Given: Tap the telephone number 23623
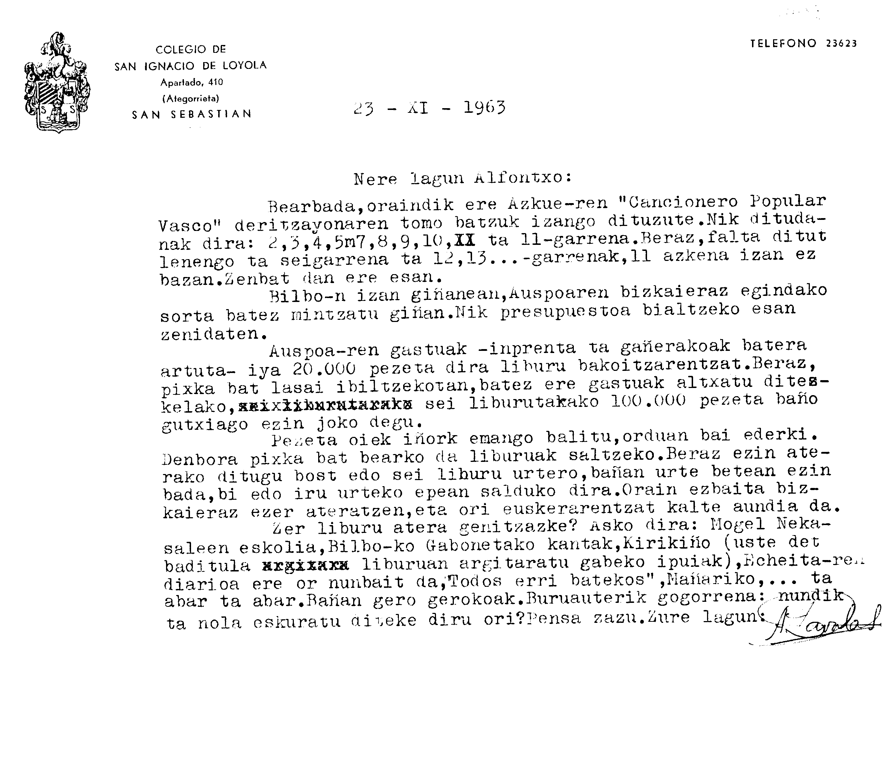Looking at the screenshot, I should (x=841, y=43).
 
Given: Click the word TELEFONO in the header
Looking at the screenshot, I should (x=783, y=43).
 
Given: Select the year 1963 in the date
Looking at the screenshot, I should (x=484, y=107).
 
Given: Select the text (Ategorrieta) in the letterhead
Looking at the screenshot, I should (x=190, y=99).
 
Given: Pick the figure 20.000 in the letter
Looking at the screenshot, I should (x=324, y=368).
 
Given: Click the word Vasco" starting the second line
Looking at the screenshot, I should (x=187, y=225).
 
